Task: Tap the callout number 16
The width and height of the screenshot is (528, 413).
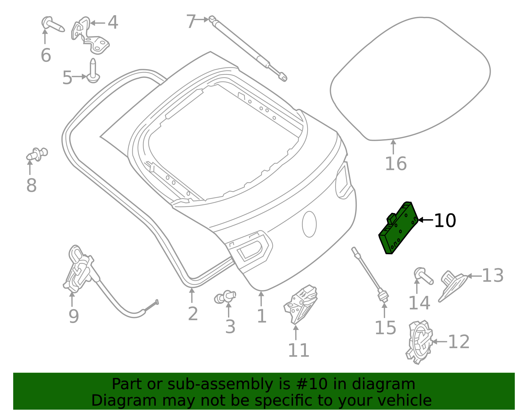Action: click(x=396, y=164)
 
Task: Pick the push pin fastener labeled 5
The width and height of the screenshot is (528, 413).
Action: click(x=93, y=70)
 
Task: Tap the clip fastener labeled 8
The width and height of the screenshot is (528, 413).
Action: click(x=37, y=154)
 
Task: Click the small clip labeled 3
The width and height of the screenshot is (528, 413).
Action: click(x=225, y=297)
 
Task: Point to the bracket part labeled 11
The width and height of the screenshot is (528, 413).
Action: click(x=301, y=305)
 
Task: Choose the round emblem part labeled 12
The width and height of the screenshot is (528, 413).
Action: click(x=419, y=342)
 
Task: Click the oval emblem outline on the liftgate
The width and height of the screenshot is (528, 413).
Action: click(x=309, y=224)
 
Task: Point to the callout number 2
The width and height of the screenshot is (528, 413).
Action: click(x=193, y=314)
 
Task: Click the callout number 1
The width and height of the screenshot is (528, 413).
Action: click(x=262, y=316)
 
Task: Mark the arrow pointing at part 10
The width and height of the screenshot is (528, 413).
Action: click(x=425, y=220)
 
